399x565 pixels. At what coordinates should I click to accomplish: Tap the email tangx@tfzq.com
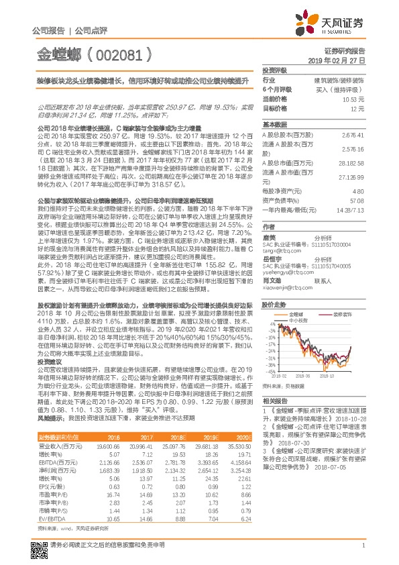281,250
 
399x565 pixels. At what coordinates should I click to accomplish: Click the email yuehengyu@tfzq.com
284,273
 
